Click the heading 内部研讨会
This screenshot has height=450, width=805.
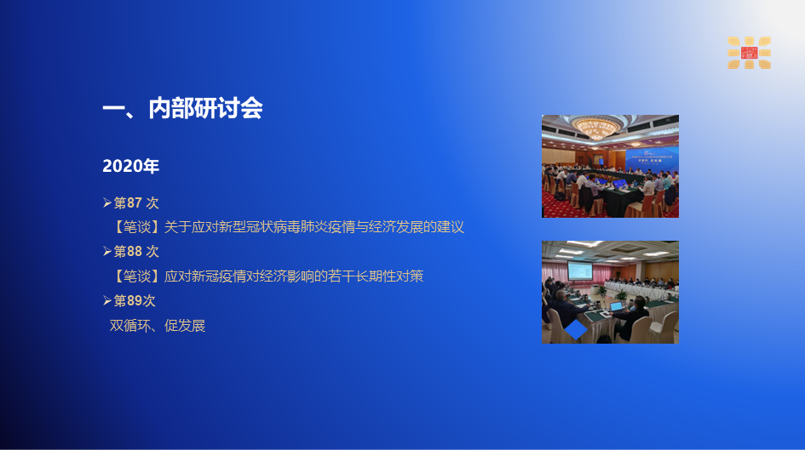(205, 108)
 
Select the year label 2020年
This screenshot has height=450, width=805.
(131, 166)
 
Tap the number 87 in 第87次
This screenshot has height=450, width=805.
(135, 203)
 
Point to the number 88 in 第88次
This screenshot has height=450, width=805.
(135, 252)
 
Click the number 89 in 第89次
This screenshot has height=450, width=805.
(135, 301)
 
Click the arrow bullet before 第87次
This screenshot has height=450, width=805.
(106, 203)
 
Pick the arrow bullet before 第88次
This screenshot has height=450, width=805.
(106, 251)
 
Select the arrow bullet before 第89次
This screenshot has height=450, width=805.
(106, 300)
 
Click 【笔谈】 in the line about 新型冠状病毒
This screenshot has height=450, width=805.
(136, 227)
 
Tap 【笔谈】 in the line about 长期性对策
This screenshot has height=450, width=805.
(136, 276)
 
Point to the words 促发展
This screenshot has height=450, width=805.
(185, 326)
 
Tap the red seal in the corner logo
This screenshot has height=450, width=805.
(750, 52)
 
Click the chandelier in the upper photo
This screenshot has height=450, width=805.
(595, 126)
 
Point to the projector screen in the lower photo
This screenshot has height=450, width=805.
(579, 271)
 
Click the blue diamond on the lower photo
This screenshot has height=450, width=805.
(576, 329)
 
